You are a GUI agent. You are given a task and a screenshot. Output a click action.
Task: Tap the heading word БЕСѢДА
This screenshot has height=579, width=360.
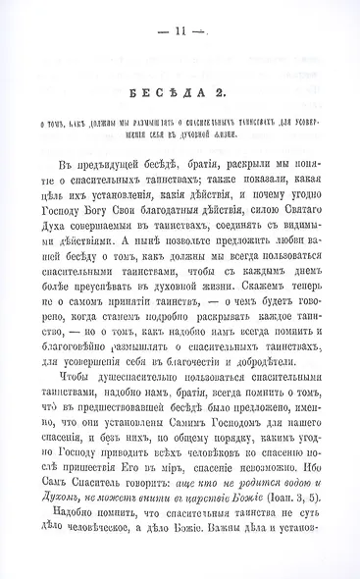point(159,94)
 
